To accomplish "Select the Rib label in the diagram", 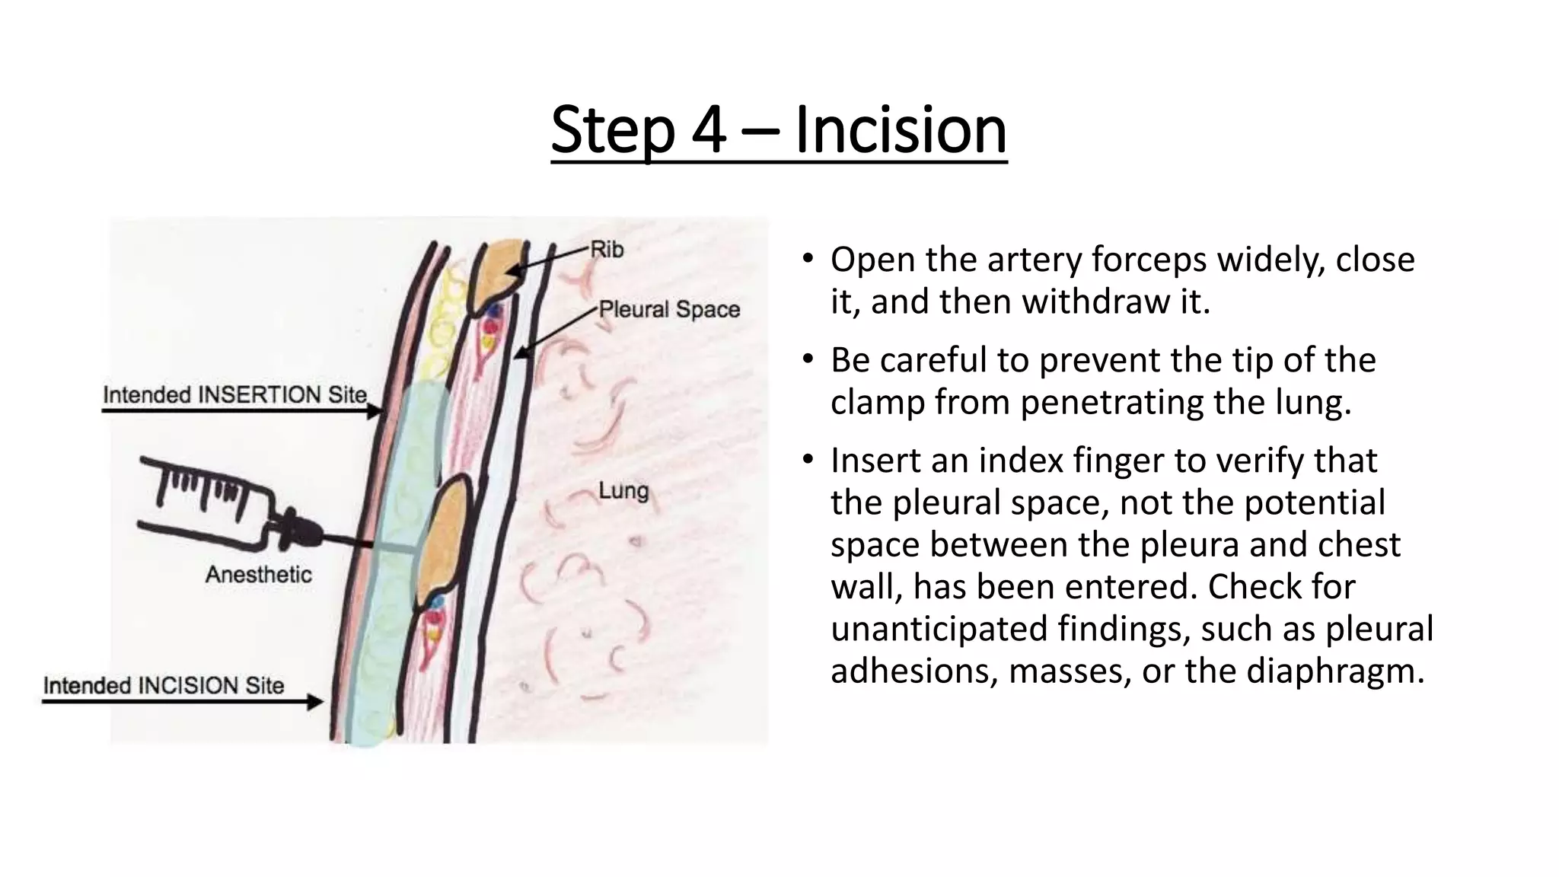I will point(607,249).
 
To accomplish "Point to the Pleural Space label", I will point(669,309).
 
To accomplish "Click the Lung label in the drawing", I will point(623,491).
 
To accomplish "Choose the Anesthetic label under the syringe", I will point(259,574).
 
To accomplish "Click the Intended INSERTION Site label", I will point(234,395).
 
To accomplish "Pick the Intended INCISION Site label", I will point(164,685).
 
